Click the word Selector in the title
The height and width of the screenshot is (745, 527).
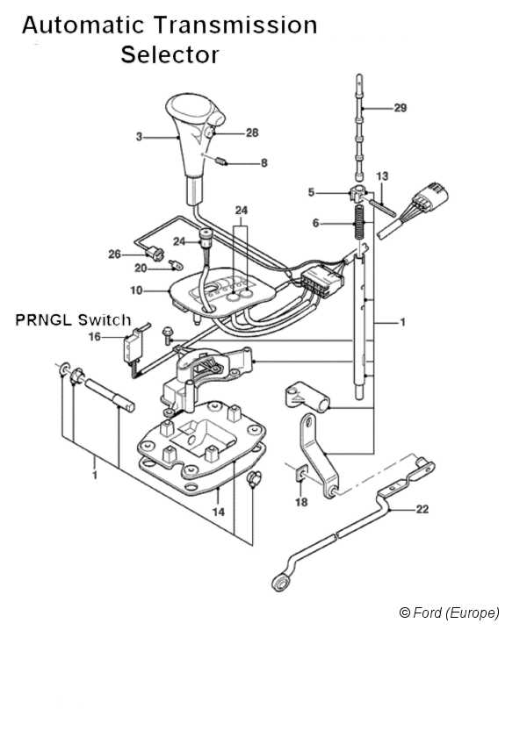click(x=170, y=54)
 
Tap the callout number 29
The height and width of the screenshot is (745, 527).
click(x=401, y=108)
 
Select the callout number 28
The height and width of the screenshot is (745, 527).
click(x=252, y=133)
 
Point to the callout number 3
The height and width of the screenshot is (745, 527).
click(x=139, y=137)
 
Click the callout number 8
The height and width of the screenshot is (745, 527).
click(x=264, y=163)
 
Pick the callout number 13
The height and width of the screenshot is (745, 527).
click(x=382, y=176)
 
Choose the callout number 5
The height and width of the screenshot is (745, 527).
click(x=311, y=192)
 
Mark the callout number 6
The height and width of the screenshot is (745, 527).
click(x=315, y=223)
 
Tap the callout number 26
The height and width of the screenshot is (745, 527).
click(x=115, y=254)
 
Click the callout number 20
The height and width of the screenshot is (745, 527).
click(x=141, y=269)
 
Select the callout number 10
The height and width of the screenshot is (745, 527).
click(x=136, y=290)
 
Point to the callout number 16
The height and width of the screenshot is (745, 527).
click(x=95, y=336)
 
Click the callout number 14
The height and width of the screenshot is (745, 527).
click(x=219, y=512)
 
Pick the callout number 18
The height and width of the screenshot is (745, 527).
click(x=301, y=502)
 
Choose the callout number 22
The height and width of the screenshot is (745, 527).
click(x=422, y=509)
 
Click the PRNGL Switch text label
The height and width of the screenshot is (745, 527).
click(x=73, y=319)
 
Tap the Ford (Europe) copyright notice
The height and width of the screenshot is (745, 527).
click(x=450, y=612)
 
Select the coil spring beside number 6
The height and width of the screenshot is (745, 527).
click(x=360, y=223)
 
